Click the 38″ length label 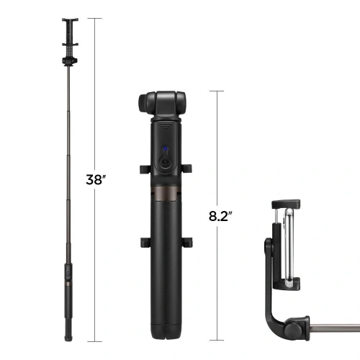96,179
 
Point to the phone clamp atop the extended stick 69,32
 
